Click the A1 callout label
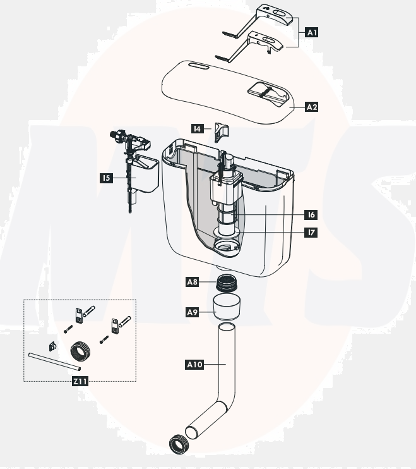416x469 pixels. (311, 31)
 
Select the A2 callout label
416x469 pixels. (311, 107)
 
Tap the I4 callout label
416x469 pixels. (198, 129)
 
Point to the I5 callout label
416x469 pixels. (106, 178)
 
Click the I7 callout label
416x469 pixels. (311, 233)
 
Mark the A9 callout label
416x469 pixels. (194, 312)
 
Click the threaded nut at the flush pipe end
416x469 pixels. (178, 443)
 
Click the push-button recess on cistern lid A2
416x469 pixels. (268, 91)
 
